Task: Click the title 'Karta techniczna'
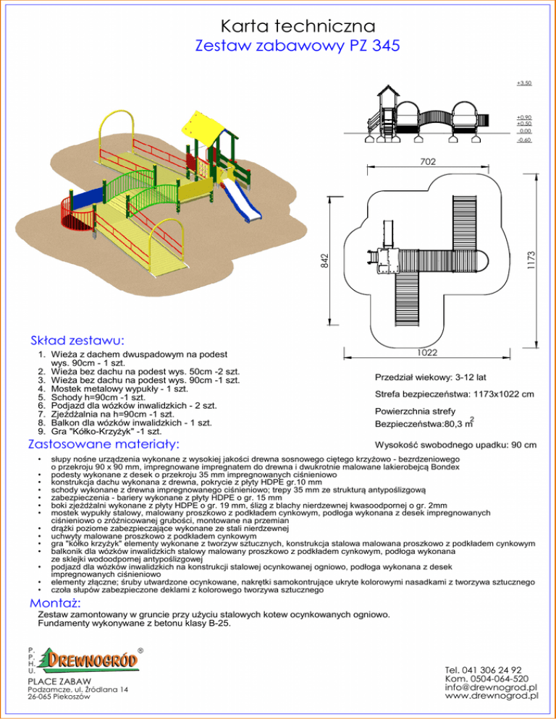[x=278, y=26]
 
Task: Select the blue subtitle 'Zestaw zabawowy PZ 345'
[x=278, y=46]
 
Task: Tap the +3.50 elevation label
[x=524, y=83]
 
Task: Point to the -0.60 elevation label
[x=524, y=140]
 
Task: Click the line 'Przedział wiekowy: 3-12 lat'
[x=430, y=378]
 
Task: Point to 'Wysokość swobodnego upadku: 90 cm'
[x=455, y=444]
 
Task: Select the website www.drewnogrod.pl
[x=493, y=697]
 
